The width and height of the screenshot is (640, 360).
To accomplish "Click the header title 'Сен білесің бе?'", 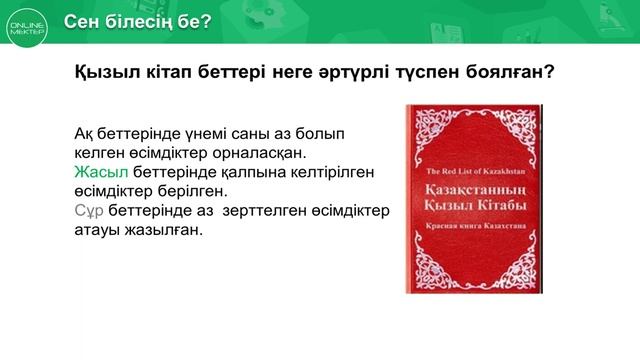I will pos(137,22).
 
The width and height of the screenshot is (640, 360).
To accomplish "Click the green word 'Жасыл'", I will pos(95,172).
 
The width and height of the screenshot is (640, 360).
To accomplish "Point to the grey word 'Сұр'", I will pos(89,212).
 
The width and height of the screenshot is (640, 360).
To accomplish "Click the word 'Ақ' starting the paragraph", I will pos(86,133).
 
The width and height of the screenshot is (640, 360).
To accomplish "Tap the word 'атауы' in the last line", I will pos(97,230).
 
